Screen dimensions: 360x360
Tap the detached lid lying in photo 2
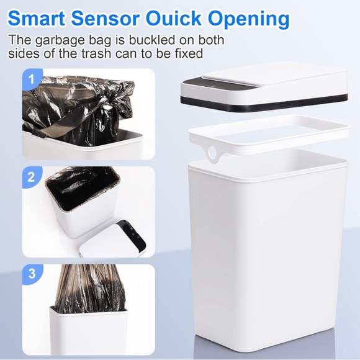tap(121, 239)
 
